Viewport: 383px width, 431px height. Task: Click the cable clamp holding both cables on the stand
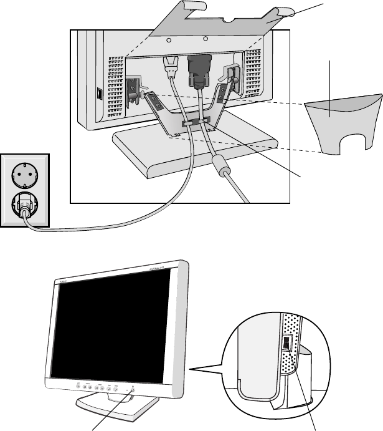point(193,123)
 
